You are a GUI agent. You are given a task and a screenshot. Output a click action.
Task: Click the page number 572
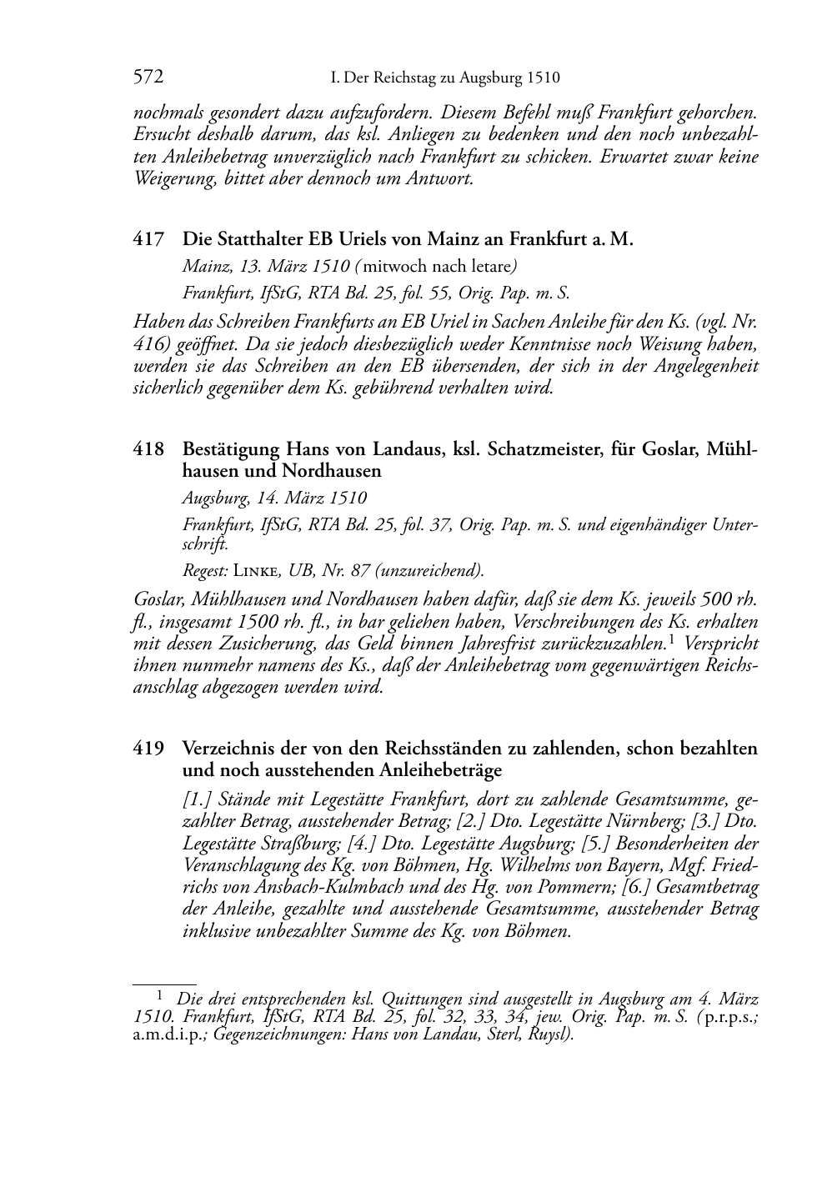tap(148, 78)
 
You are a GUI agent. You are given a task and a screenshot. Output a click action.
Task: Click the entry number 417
tap(148, 240)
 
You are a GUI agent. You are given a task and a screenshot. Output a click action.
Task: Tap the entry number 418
tap(148, 449)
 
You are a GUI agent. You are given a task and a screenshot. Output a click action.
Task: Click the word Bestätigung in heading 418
tap(231, 449)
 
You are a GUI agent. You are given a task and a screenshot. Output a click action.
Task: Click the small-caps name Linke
tap(258, 571)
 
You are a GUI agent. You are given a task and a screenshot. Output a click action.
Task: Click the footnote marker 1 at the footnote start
tap(160, 994)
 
